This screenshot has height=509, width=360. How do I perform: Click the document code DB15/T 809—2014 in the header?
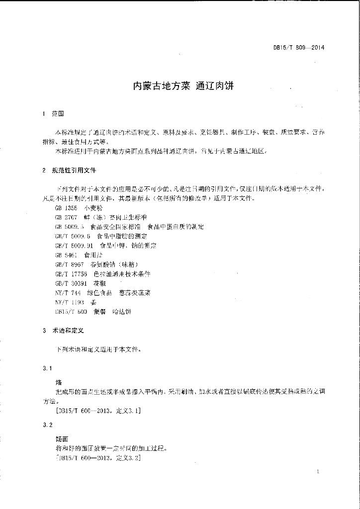tap(299, 48)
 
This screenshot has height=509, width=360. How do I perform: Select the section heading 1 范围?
tap(54, 114)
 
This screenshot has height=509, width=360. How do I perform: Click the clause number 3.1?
tap(48, 368)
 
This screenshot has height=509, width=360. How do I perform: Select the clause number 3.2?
tap(48, 425)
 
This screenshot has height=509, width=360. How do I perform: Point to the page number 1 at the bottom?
tap(317, 471)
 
